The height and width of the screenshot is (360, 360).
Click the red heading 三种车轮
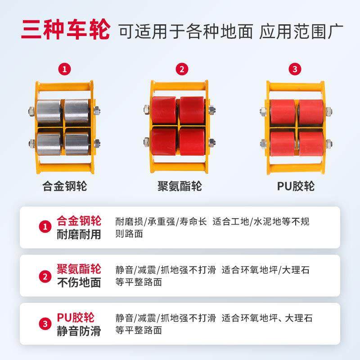coord(66,30)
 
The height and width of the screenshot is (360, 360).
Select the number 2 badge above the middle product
coord(181,69)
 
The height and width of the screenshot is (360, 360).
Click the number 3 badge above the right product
coord(295,69)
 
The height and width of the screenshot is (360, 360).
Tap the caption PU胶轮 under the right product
coord(296,186)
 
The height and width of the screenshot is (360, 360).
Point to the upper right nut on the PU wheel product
coord(328,111)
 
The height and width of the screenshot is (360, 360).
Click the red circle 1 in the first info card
coord(44,227)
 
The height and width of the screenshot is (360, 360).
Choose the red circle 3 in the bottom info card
coord(44,324)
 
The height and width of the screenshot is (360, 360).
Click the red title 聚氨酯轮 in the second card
coord(79,269)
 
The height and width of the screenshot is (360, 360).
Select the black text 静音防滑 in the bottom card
coord(79,332)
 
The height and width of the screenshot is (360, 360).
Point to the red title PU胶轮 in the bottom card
coord(76,317)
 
